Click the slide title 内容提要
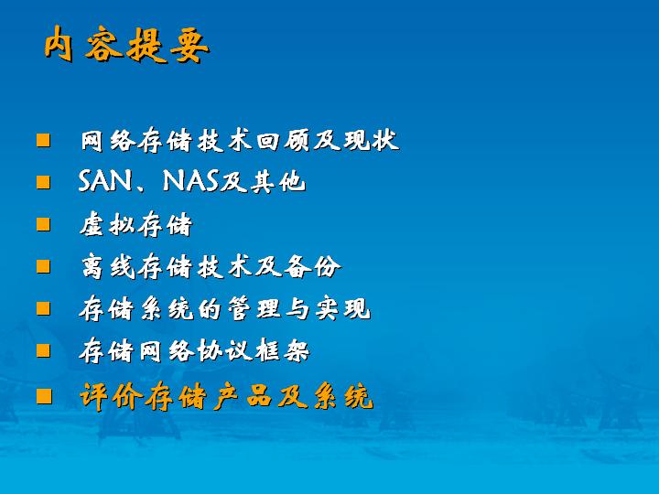127,44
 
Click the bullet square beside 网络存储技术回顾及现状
43,140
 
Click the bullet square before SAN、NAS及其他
43,182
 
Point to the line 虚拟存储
135,224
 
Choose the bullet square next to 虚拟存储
43,224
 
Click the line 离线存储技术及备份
211,266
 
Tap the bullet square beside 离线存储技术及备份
43,266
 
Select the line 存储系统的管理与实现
225,308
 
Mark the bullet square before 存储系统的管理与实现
43,308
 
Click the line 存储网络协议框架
195,350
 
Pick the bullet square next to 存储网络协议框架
43,350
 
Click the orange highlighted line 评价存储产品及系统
227,396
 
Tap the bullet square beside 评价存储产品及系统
44,396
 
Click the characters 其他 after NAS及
278,182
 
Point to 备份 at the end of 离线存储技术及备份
312,266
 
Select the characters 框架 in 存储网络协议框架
282,350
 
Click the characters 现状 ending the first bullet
371,140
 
